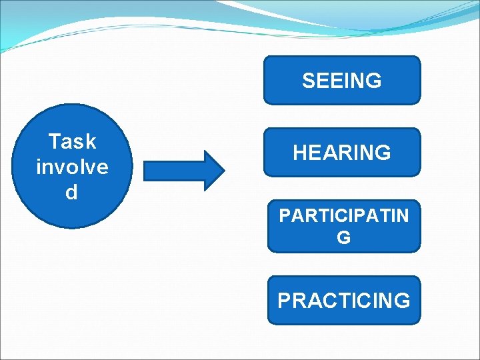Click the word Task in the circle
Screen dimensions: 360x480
click(x=72, y=141)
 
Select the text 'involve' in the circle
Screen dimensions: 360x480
click(x=72, y=167)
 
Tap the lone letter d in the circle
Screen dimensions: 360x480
click(x=71, y=192)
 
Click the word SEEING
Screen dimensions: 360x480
click(x=342, y=81)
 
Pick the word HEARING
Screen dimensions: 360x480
click(x=342, y=153)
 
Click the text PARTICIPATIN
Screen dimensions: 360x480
click(x=344, y=216)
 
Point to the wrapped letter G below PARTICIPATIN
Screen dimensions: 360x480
click(x=344, y=238)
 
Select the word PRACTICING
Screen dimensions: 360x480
click(x=344, y=301)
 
